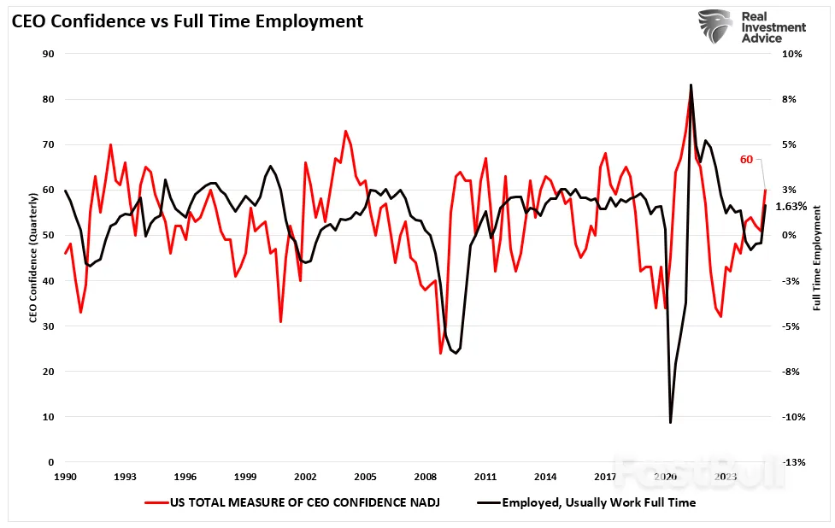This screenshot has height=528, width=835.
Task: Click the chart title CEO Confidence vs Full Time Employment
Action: coord(187,21)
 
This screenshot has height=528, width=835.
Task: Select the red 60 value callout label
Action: coord(746,159)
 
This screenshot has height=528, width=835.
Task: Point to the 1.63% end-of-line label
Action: coord(791,207)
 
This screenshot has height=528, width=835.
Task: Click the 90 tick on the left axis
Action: coord(49,54)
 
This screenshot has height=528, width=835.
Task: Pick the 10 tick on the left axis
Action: coord(49,417)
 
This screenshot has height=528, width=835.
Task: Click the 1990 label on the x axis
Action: coord(65,476)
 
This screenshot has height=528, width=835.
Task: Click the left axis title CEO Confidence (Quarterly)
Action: coord(32,257)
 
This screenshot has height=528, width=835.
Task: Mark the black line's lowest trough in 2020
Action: coord(671,422)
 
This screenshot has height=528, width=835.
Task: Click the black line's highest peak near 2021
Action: coord(691,85)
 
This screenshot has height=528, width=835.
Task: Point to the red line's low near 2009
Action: coord(441,353)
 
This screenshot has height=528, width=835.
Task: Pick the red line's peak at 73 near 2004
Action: coord(345,131)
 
